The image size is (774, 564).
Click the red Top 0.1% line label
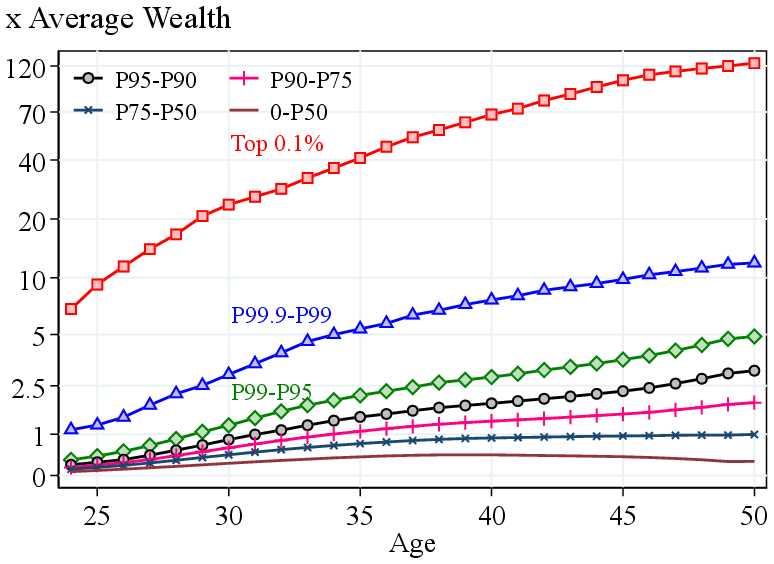point(277,144)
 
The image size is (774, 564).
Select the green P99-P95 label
point(271,391)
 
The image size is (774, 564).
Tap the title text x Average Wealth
point(118,18)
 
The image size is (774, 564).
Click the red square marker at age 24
point(71,309)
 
